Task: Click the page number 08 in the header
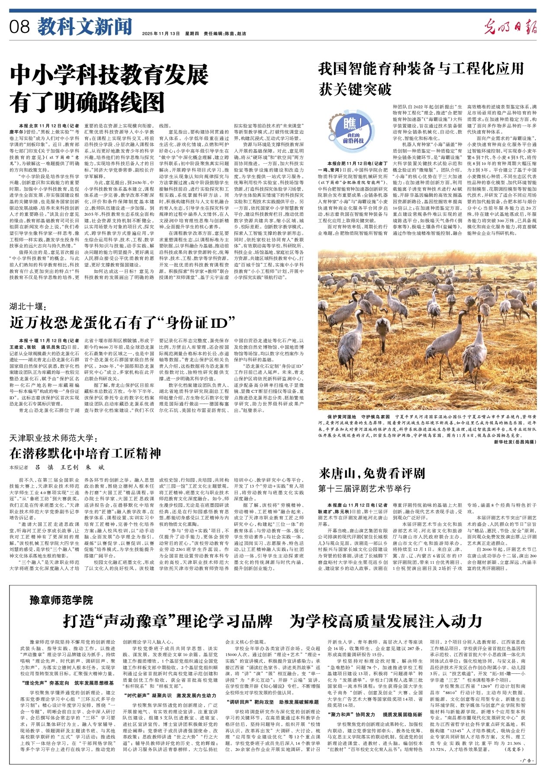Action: [x=20, y=27]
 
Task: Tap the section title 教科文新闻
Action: [x=84, y=27]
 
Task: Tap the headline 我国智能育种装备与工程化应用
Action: [x=421, y=68]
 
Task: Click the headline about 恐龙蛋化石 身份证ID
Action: [x=122, y=323]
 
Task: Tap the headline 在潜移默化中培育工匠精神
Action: [x=85, y=453]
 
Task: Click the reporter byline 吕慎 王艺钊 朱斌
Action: [x=70, y=468]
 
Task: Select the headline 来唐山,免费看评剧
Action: [x=372, y=472]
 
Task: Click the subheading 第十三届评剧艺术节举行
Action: [x=365, y=488]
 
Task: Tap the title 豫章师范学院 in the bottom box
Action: [x=61, y=600]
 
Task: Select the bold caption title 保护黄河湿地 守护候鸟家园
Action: [x=359, y=416]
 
